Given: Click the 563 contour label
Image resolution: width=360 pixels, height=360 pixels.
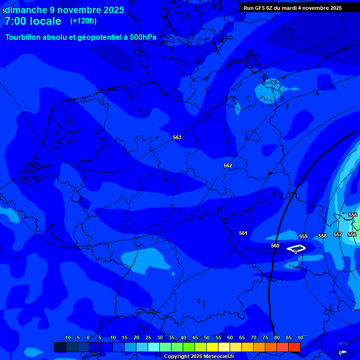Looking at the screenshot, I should click(177, 137).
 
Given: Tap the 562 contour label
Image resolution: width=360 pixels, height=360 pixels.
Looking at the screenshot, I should click(228, 165).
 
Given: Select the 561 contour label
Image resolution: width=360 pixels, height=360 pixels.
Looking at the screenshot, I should click(243, 233).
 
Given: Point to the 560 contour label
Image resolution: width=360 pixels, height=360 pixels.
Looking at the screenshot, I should click(275, 246).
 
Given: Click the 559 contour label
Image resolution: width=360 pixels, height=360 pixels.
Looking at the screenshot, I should click(303, 236).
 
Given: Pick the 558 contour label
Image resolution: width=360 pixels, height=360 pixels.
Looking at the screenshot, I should click(322, 236).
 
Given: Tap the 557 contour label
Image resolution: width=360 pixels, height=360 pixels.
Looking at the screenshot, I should click(338, 234).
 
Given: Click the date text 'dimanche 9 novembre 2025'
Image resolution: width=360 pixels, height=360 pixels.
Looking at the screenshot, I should click(65, 10).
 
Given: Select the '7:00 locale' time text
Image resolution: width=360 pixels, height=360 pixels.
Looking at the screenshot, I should click(33, 21).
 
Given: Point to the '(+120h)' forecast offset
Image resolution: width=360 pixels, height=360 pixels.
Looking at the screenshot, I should click(83, 21).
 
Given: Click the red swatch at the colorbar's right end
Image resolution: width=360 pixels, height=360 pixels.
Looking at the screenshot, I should click(294, 347).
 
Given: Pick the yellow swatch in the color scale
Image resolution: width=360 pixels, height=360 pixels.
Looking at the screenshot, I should click(212, 347).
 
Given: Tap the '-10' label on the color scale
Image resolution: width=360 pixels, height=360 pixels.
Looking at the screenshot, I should click(67, 337).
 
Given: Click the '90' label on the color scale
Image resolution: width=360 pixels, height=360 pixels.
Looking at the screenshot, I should click(300, 337).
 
